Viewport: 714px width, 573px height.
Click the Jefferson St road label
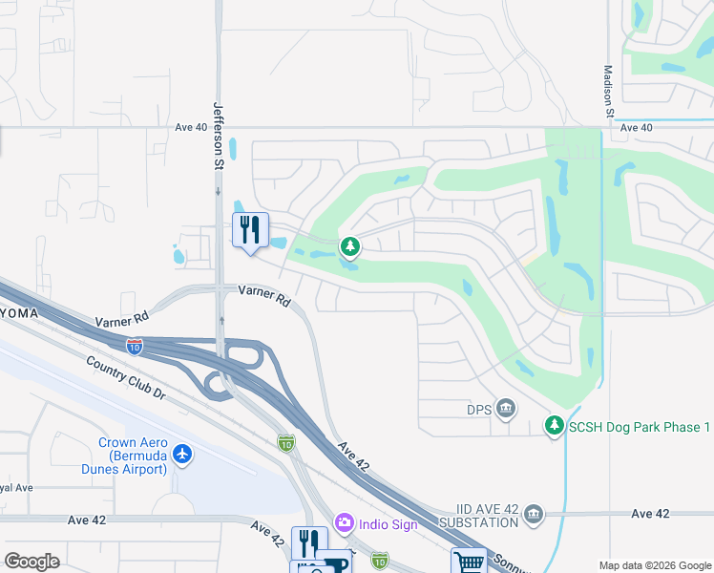(x=218, y=136)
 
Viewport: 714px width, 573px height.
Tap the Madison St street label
(x=608, y=91)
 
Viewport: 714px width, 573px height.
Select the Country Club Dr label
(x=125, y=378)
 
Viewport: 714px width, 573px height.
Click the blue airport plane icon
(x=183, y=456)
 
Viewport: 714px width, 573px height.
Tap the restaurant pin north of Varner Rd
(x=250, y=231)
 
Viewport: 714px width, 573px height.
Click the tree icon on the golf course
(x=350, y=248)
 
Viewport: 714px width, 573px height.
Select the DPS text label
(x=478, y=411)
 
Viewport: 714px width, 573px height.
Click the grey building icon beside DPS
(x=507, y=411)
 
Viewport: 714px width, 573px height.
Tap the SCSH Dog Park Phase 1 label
(x=640, y=427)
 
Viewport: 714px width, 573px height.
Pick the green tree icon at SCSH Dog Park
(x=555, y=426)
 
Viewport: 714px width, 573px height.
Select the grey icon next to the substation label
(x=534, y=515)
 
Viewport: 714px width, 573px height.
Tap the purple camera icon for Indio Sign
(x=344, y=523)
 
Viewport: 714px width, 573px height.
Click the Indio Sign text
(x=388, y=524)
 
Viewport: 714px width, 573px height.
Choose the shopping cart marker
(x=469, y=562)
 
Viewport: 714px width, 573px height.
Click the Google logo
(x=32, y=561)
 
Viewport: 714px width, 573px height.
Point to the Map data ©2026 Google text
(x=654, y=565)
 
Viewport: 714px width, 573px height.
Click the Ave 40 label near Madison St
(x=636, y=127)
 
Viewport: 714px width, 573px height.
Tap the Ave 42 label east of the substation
(x=650, y=514)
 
